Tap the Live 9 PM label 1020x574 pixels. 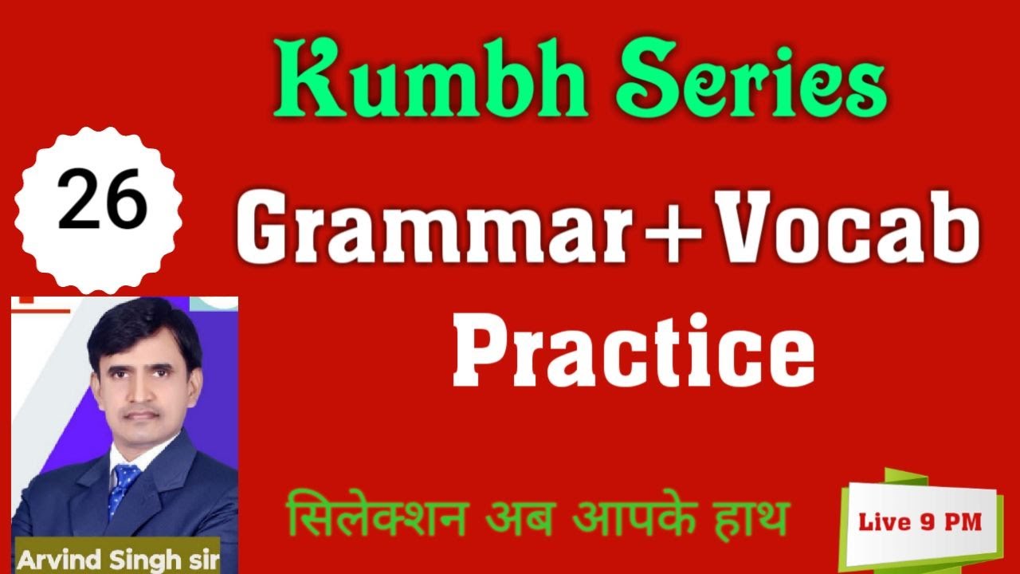click(x=920, y=522)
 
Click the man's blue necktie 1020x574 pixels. click(x=124, y=487)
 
